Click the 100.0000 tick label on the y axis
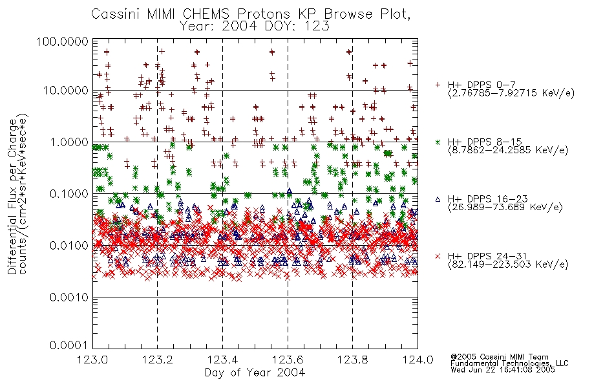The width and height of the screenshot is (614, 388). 62,41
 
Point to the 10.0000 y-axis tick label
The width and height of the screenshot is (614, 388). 65,91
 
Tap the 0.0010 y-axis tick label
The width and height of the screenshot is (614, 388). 69,297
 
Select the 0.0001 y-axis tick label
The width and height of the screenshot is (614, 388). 69,345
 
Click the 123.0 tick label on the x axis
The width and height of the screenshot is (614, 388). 92,360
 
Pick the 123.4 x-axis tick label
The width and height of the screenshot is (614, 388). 223,360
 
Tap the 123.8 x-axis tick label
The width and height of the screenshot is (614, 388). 353,360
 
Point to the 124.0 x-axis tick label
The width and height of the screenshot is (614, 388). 418,360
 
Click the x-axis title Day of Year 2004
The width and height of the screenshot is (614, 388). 255,372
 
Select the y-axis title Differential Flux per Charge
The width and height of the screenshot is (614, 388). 12,197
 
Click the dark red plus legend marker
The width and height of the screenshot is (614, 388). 438,85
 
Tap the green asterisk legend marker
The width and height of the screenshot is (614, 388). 438,142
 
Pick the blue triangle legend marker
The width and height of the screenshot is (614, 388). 438,199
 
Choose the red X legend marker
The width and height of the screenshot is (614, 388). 438,256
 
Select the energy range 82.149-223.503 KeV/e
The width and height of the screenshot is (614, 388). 508,264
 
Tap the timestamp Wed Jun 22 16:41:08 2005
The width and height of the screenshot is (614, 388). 503,370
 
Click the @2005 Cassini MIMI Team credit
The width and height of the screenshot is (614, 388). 500,357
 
